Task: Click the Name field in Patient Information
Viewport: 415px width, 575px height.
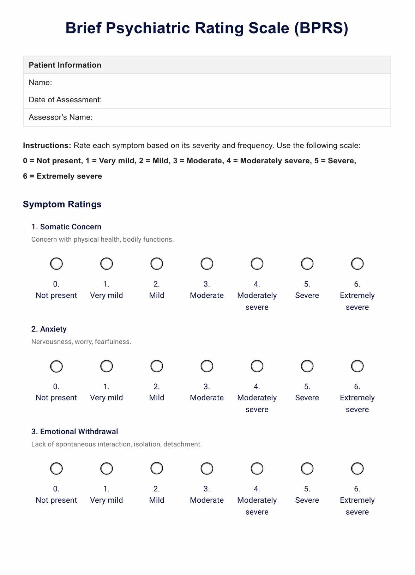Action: coord(219,83)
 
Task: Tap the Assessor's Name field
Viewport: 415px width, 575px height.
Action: coord(240,117)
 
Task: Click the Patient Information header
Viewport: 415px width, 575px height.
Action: coord(65,65)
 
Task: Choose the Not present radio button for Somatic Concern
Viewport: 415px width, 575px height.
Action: coord(56,264)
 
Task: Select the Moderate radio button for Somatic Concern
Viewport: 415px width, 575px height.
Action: coord(207,264)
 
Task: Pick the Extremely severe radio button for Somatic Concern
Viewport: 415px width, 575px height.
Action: coord(357,264)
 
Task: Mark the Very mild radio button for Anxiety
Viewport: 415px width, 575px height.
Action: coord(107,366)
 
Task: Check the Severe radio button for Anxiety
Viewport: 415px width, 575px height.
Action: coord(307,366)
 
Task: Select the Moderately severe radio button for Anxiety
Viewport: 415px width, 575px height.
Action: coord(257,366)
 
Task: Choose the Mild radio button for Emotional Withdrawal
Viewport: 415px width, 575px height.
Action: coord(157,468)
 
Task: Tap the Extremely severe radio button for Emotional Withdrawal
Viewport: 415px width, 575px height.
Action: coord(357,468)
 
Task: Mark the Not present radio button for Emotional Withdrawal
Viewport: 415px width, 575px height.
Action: coord(56,468)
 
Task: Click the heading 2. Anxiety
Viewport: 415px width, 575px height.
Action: coord(49,329)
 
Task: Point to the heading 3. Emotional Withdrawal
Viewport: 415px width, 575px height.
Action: coord(74,431)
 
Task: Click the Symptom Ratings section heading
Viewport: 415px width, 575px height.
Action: coord(62,204)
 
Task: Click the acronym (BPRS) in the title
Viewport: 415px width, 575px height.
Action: coord(321,28)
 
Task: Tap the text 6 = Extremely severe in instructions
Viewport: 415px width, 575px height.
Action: coord(62,176)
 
